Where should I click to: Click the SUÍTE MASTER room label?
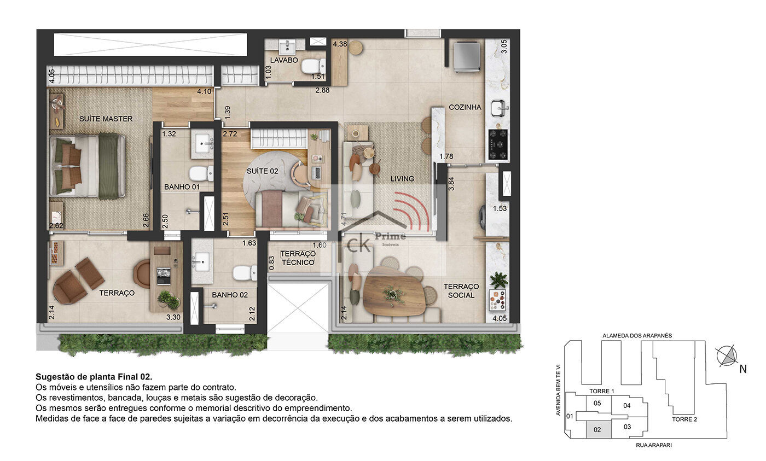click(106, 119)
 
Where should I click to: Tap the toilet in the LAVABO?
click(314, 66)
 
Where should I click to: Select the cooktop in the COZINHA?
click(497, 144)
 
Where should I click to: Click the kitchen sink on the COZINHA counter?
click(499, 108)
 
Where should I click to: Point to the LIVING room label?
click(402, 179)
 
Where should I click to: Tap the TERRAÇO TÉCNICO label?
click(298, 258)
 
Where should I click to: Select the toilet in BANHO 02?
click(245, 273)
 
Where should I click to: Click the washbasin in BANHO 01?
click(203, 143)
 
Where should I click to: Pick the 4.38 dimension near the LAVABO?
click(340, 44)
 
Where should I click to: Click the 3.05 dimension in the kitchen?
click(504, 46)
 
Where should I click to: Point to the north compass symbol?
click(727, 356)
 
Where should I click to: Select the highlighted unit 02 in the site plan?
click(599, 430)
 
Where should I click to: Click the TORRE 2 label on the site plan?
click(684, 419)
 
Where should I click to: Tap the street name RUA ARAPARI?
click(654, 445)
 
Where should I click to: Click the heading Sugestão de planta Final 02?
click(94, 377)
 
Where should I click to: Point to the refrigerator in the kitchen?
click(466, 57)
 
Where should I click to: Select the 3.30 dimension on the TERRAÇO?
click(173, 317)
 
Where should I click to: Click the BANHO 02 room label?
click(230, 295)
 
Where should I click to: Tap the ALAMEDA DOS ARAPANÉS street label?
click(637, 336)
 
